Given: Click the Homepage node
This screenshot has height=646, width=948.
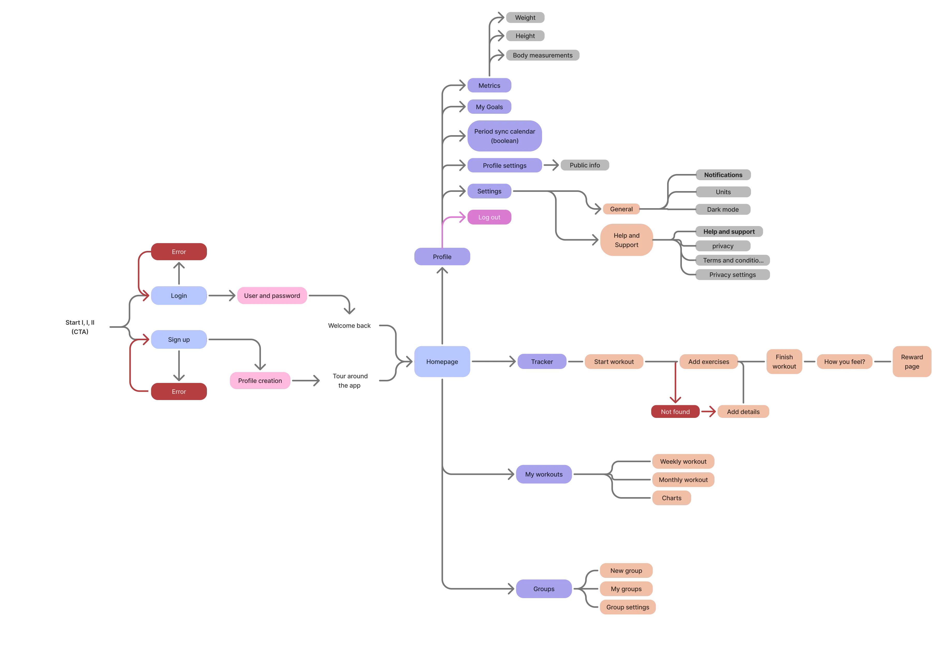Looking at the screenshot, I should tap(442, 361).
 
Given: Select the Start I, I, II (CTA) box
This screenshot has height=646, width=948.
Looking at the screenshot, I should tap(80, 327).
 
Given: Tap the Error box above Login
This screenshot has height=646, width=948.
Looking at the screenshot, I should tap(179, 252).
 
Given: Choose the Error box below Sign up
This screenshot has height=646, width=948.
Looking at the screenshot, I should tap(179, 391).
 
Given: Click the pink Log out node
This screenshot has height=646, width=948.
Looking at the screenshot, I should tap(489, 217).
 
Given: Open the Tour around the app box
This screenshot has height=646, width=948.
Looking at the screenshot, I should tap(349, 381).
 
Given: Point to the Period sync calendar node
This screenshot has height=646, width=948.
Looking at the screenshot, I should tap(504, 136).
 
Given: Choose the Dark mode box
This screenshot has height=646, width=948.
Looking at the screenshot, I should tap(723, 209).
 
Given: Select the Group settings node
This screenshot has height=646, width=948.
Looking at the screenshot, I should tap(627, 607).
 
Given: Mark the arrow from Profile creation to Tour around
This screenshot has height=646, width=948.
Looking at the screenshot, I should tap(306, 381).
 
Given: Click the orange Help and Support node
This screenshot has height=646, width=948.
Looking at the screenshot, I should tap(626, 240).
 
